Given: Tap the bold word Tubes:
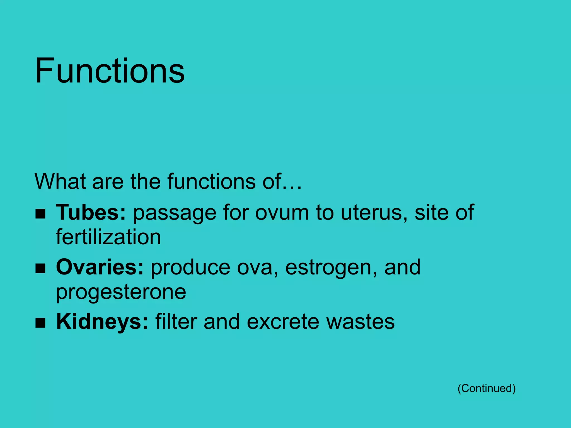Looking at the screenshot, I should click(x=91, y=213).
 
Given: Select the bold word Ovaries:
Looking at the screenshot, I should click(x=100, y=267).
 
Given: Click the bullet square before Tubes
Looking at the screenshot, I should click(x=40, y=214).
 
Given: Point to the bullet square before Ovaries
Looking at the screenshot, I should click(x=40, y=269).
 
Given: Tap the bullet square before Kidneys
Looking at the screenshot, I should click(x=40, y=323).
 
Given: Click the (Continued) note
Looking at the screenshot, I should click(x=487, y=388).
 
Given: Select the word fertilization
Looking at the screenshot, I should click(x=108, y=237).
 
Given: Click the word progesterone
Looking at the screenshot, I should click(x=121, y=292).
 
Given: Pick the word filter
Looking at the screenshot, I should click(x=176, y=322).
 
